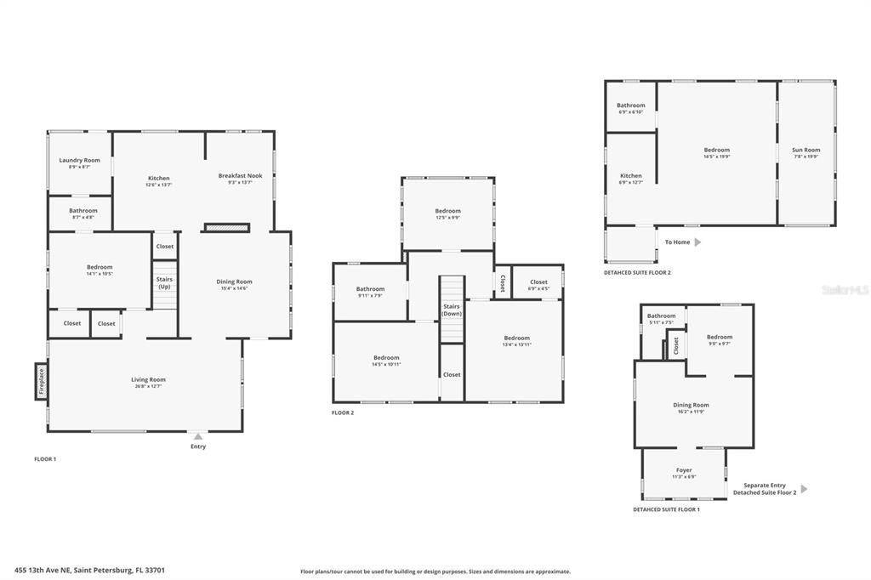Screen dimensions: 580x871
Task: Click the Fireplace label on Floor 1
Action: pos(40,382)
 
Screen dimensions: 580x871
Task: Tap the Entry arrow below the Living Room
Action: pos(198,436)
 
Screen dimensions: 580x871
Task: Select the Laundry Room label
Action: pos(79,160)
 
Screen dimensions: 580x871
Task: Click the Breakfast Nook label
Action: pos(240,175)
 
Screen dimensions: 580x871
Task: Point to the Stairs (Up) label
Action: pos(164,282)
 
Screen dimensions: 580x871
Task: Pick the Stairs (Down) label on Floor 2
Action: pos(452,310)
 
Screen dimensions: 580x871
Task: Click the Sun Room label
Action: pos(806,150)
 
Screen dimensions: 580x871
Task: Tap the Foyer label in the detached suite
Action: pos(684,469)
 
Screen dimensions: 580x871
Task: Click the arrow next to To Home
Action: pos(697,242)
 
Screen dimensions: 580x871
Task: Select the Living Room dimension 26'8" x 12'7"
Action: pos(148,386)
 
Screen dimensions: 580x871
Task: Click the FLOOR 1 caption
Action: pos(45,458)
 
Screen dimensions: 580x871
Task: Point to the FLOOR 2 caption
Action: pos(343,412)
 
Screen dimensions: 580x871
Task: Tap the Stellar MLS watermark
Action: pos(845,290)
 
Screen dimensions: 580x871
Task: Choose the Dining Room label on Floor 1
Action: pos(234,281)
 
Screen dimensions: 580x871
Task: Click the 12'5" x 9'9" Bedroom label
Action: pos(447,211)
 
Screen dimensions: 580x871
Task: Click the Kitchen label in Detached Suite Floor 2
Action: pos(630,175)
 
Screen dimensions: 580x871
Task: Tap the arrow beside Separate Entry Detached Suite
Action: pos(804,489)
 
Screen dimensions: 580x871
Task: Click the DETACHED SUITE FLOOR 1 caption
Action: pos(665,509)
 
